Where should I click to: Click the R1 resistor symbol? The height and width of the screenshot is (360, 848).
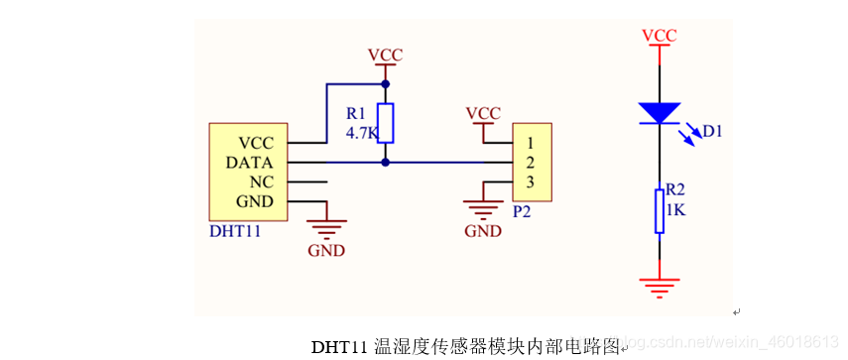386,123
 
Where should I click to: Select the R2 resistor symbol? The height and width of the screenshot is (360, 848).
659,210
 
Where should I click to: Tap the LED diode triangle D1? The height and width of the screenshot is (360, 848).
659,112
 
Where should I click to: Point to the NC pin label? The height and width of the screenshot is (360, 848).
262,181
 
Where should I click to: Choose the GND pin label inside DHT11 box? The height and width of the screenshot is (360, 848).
256,201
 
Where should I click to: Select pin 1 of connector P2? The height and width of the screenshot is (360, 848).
531,143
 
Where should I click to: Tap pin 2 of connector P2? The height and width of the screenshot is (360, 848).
531,162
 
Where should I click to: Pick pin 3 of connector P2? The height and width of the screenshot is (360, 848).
531,181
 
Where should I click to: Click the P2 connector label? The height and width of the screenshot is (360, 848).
523,211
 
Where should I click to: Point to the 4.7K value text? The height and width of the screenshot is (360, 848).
362,132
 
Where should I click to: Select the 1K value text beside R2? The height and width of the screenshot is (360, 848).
675,210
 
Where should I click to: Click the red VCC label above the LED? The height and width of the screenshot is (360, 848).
659,36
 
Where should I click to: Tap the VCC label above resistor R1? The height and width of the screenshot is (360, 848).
385,54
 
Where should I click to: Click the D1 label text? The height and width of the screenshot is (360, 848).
711,130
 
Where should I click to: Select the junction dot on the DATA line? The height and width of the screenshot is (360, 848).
386,162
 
